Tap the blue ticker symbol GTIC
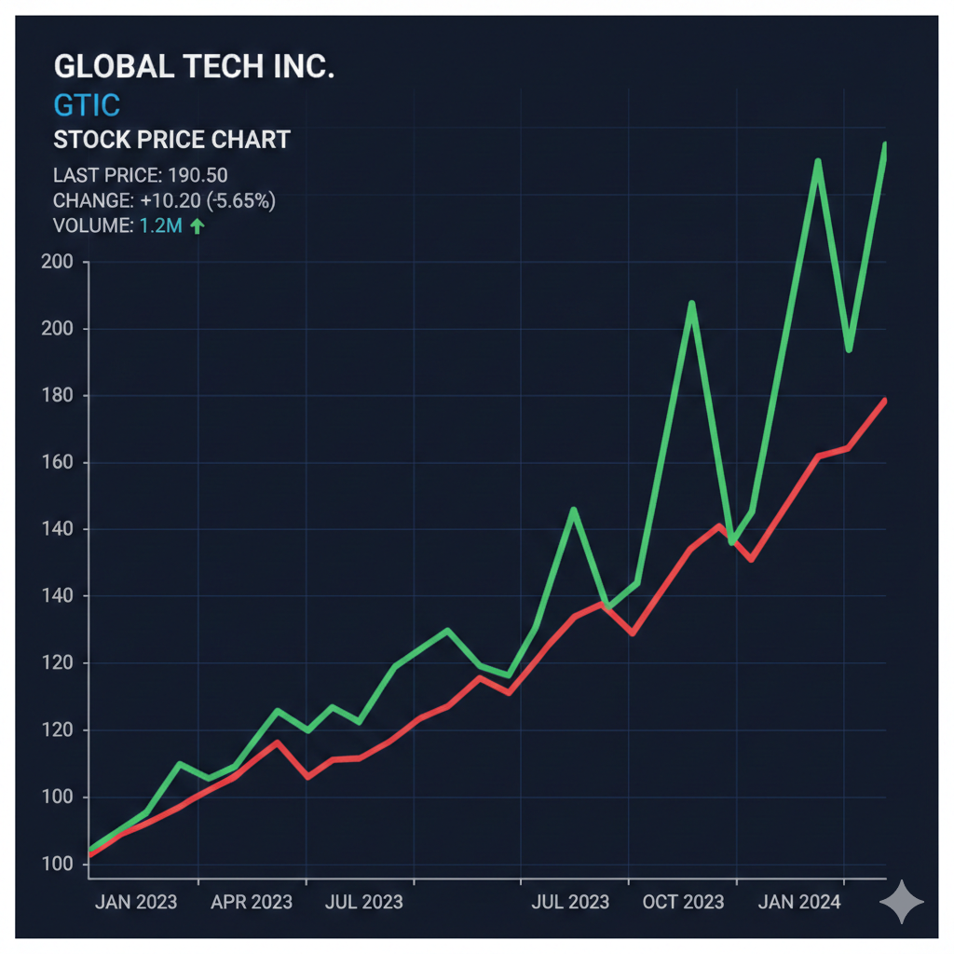point(87,103)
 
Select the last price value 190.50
point(198,175)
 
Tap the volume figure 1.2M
point(161,225)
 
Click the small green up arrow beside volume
point(197,225)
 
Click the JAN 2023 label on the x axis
point(135,902)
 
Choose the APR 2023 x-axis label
point(251,902)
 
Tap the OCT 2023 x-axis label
point(683,902)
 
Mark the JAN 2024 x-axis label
point(798,902)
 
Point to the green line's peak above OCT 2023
point(691,303)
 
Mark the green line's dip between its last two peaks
point(848,349)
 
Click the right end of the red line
point(883,401)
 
